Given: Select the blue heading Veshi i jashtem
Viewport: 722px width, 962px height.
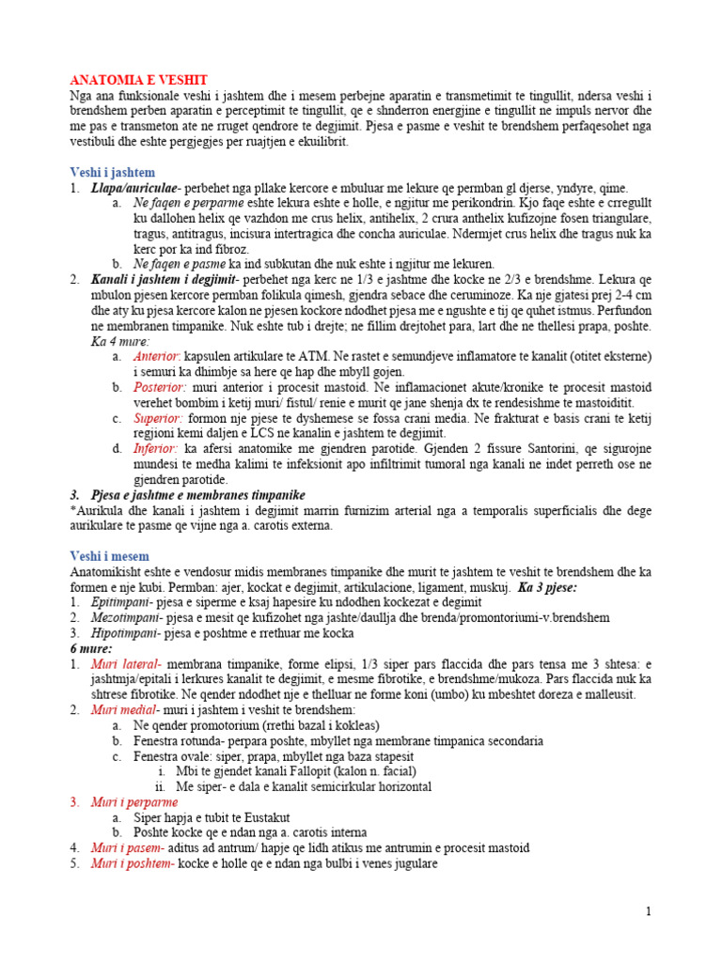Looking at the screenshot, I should (x=112, y=173).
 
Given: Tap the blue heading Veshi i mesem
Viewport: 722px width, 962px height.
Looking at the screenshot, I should (x=109, y=556).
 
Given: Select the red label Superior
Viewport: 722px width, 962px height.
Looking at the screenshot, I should (x=157, y=417).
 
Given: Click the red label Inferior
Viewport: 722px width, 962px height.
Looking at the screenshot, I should (x=154, y=448).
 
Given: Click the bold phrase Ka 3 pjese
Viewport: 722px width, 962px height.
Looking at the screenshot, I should (x=547, y=587).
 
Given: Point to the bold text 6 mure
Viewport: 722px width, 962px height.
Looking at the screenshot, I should (x=91, y=648).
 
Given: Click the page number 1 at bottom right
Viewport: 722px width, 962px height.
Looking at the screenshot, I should (x=648, y=910).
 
